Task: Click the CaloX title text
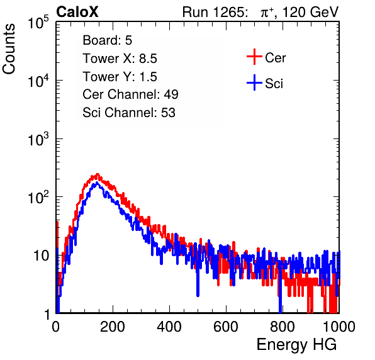tap(77, 12)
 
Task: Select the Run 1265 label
tap(215, 12)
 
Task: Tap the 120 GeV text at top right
tap(310, 12)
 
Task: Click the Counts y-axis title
tap(9, 49)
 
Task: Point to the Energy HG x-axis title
tap(296, 345)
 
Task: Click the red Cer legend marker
tap(254, 57)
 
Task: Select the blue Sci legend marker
tap(254, 82)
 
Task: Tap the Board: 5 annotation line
tap(108, 40)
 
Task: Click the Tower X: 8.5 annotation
tap(120, 59)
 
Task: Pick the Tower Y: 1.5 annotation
tap(120, 77)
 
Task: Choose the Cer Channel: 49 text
tap(130, 94)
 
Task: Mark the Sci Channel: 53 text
tap(129, 113)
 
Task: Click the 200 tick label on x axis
tap(113, 327)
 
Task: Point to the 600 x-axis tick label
tap(226, 327)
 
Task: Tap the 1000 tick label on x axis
tap(339, 327)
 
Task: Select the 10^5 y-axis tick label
tap(38, 22)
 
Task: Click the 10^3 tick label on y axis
tap(38, 138)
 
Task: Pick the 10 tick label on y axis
tap(42, 256)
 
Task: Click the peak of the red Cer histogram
tap(98, 174)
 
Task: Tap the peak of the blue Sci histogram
tap(97, 183)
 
